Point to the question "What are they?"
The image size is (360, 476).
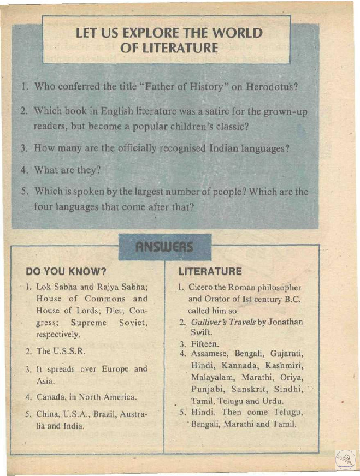click(x=67, y=169)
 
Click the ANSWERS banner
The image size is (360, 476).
click(x=164, y=247)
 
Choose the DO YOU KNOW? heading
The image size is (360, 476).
click(x=66, y=271)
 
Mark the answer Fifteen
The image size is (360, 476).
click(x=205, y=344)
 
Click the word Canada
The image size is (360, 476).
click(x=50, y=397)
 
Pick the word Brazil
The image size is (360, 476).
click(x=107, y=414)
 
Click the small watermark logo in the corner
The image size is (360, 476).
click(x=345, y=460)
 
